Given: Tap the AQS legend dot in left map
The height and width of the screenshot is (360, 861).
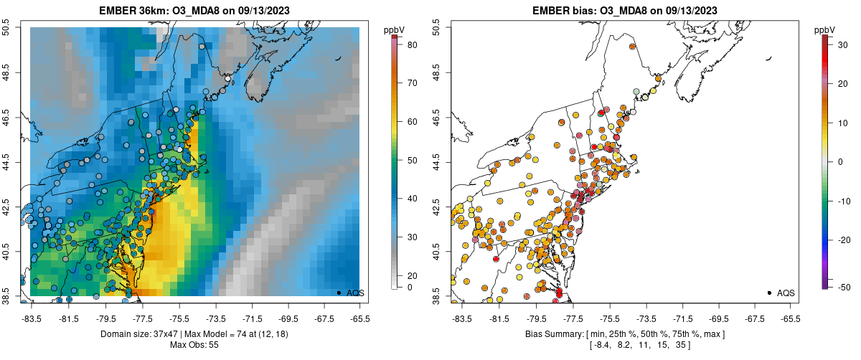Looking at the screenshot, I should (x=339, y=293).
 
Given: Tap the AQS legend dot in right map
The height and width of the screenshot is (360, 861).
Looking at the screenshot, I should (x=769, y=293).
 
